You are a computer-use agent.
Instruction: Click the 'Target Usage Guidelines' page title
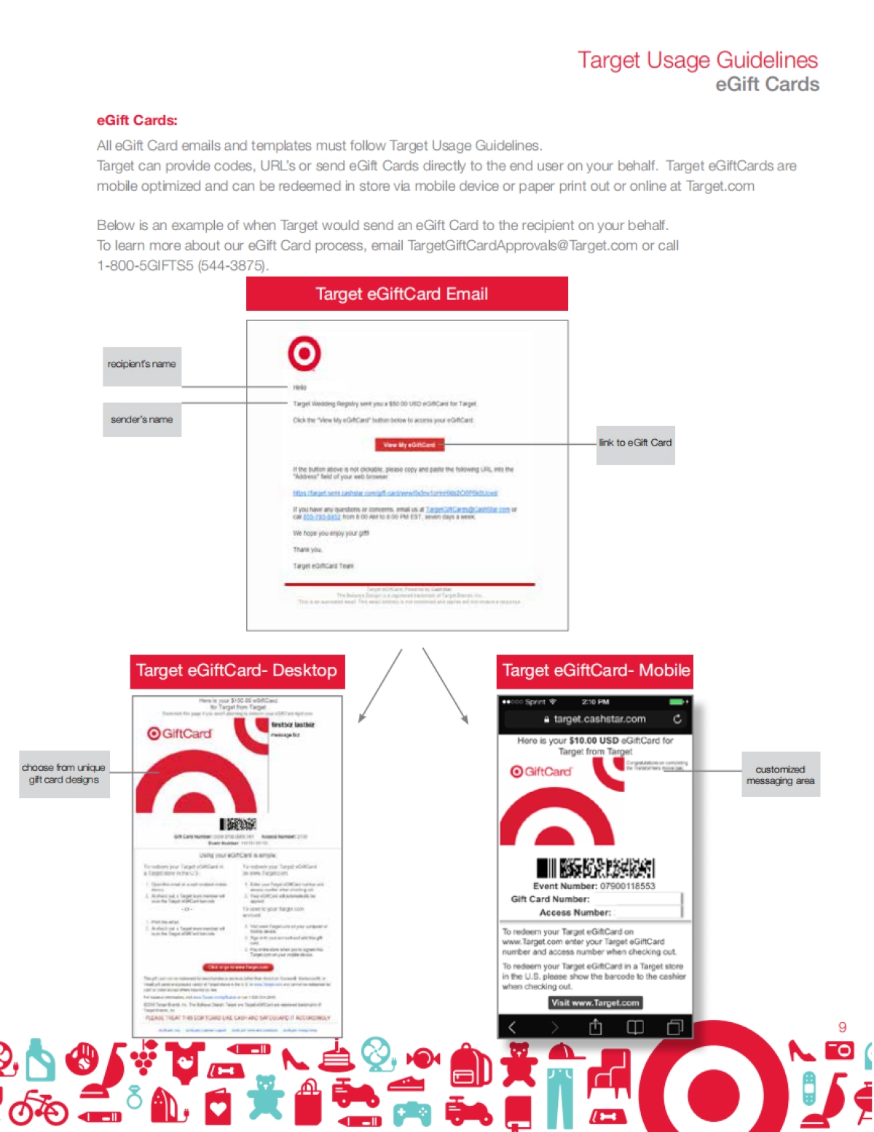(697, 60)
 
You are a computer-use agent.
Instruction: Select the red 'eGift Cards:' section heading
(137, 121)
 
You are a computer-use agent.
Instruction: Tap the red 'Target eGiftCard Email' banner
(406, 294)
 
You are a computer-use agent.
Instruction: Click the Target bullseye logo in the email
(304, 354)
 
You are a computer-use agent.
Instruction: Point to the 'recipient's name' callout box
(142, 364)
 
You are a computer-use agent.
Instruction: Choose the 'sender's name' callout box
(142, 419)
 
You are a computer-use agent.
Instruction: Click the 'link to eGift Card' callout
(635, 443)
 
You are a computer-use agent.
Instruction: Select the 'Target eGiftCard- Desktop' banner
(237, 670)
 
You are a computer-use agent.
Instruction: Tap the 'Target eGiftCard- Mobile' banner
(595, 670)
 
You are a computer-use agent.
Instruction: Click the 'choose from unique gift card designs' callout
(64, 774)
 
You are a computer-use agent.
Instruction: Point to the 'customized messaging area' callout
(780, 775)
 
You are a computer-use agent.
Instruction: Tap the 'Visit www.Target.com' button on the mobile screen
(595, 1002)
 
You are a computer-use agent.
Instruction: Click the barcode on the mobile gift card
(595, 867)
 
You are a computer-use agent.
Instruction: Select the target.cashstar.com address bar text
(599, 719)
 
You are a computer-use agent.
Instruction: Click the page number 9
(842, 1027)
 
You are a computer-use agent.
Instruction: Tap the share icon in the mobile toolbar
(595, 1027)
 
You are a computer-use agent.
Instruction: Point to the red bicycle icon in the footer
(38, 1108)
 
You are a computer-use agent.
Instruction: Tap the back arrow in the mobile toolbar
(512, 1027)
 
